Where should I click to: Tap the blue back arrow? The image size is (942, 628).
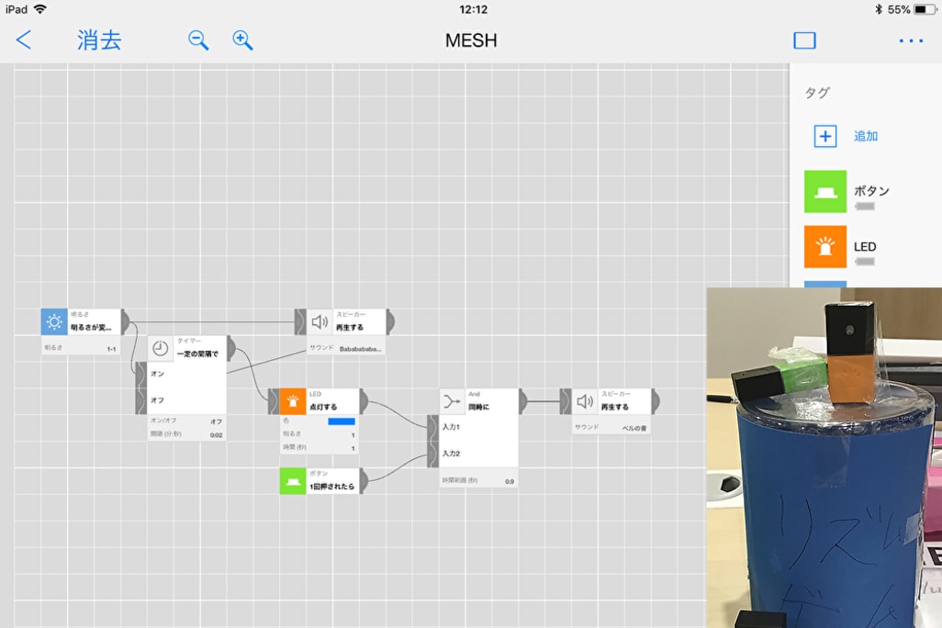(24, 40)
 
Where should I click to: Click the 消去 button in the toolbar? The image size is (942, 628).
(99, 40)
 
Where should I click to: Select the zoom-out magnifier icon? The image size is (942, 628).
(198, 40)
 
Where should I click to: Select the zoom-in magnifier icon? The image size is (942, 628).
(242, 40)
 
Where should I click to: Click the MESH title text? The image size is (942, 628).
(471, 40)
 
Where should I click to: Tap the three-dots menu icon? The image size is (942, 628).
(911, 40)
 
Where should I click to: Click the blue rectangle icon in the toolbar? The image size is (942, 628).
(804, 40)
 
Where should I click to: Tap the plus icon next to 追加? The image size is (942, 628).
(825, 136)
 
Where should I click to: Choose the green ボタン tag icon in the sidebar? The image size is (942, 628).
(825, 191)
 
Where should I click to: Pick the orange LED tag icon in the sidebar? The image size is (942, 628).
(825, 246)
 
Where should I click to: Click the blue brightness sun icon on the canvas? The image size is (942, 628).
(54, 321)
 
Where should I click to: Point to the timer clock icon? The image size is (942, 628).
(161, 348)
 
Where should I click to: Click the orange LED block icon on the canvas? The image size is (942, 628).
(293, 401)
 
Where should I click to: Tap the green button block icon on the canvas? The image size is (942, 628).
(293, 480)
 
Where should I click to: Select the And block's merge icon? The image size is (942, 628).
(452, 401)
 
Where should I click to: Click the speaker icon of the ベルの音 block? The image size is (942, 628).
(585, 401)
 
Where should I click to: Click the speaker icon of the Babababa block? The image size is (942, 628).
(320, 321)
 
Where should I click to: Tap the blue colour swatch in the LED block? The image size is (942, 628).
(341, 421)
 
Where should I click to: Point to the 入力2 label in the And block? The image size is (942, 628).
(451, 453)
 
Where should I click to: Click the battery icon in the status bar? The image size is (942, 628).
(922, 9)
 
